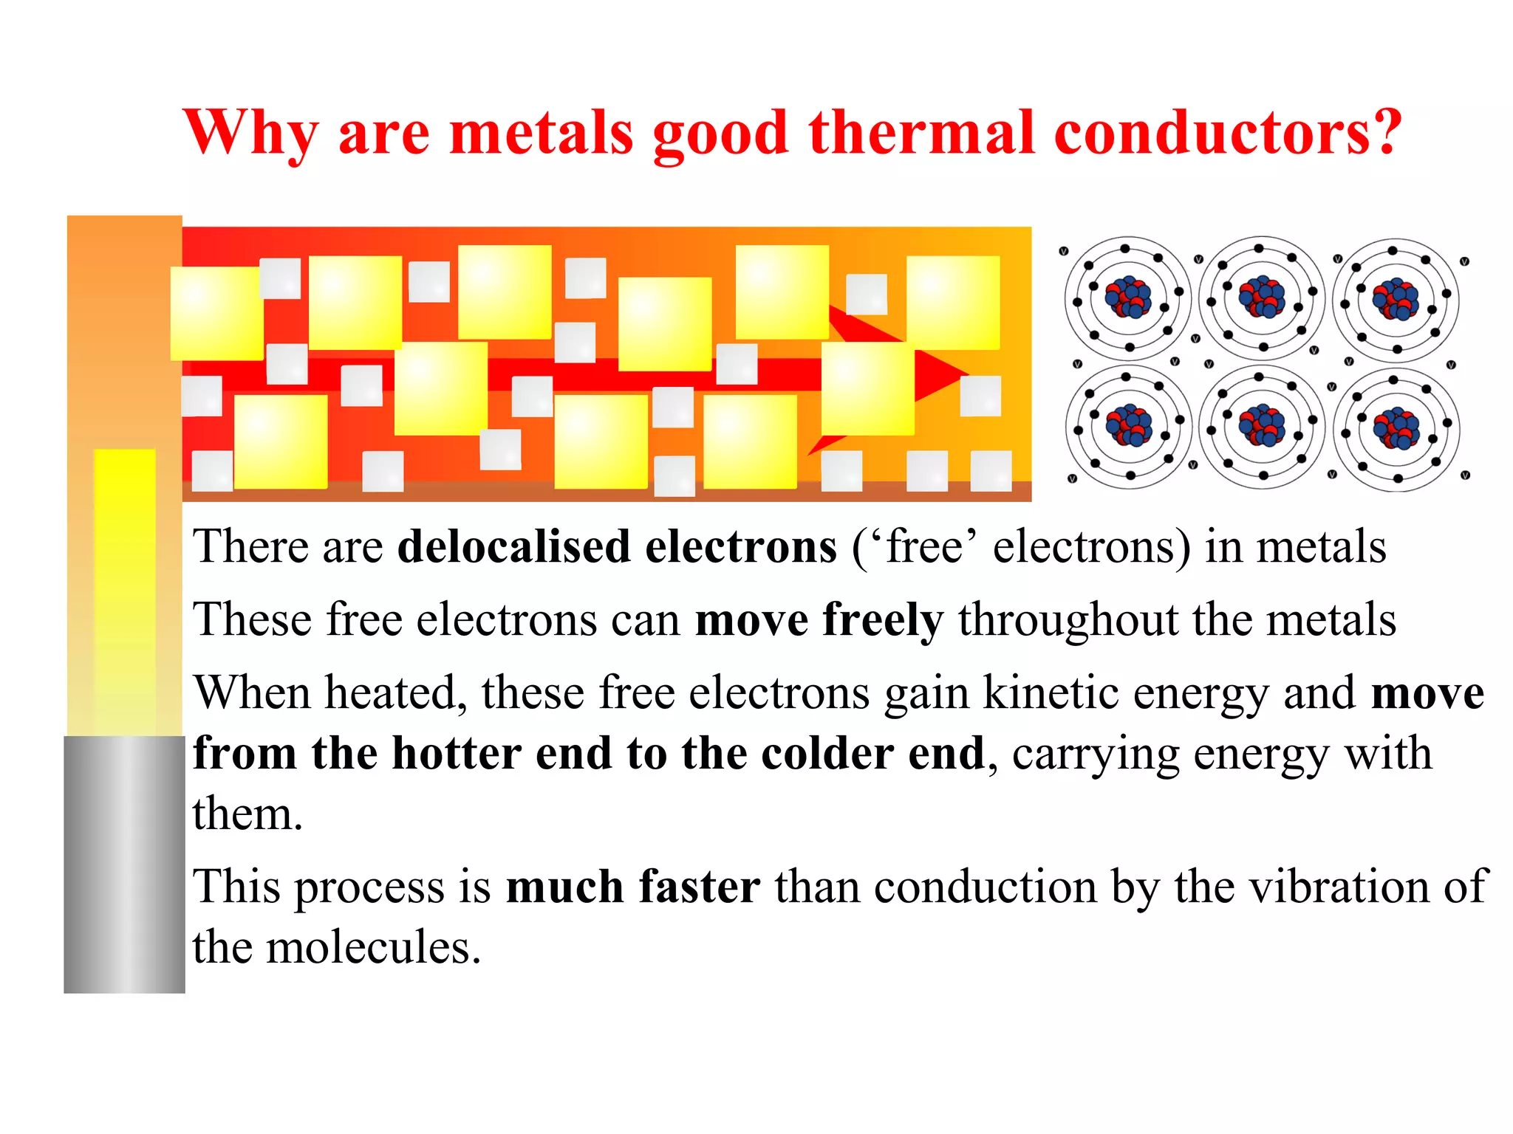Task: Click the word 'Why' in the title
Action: tap(252, 133)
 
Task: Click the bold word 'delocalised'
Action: tap(513, 547)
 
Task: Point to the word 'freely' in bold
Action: tap(883, 620)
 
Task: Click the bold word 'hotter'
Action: tap(455, 754)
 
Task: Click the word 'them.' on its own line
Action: tap(247, 814)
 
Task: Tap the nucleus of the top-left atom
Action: tap(1128, 297)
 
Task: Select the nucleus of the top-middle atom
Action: tap(1262, 297)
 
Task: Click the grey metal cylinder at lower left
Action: tap(124, 864)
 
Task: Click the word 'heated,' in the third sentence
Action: tap(395, 693)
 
